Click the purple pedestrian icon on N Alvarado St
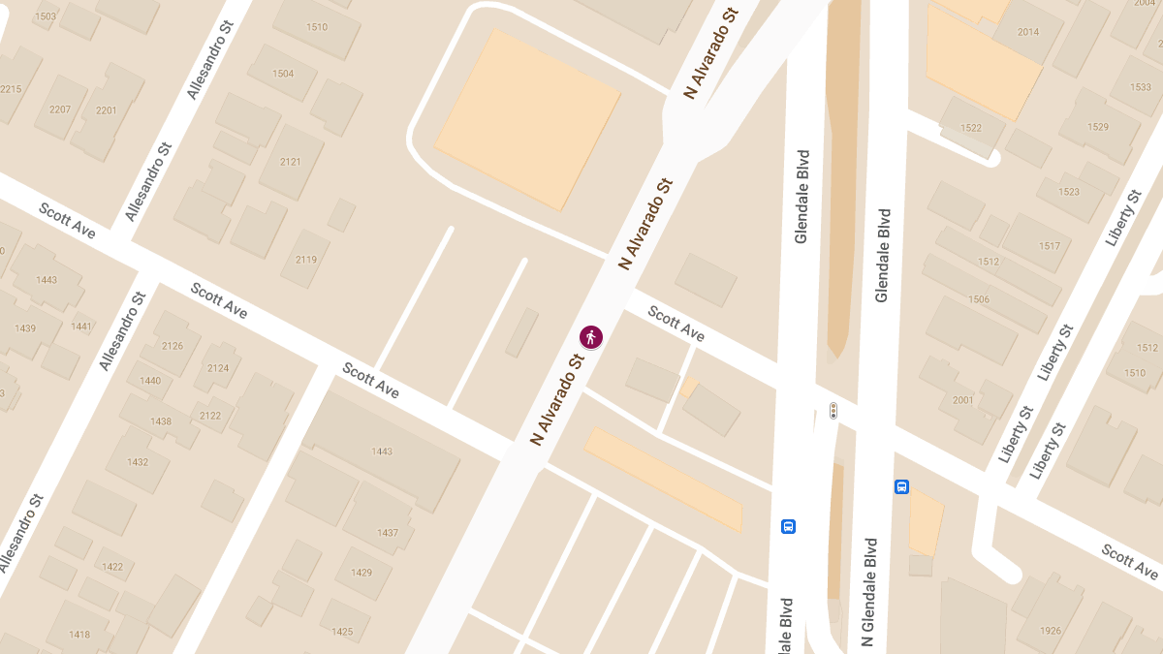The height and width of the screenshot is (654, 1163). [x=591, y=337]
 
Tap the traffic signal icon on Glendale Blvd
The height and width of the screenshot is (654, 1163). [x=833, y=411]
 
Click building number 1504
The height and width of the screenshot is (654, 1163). [x=283, y=74]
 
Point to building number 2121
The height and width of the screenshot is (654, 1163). [x=291, y=162]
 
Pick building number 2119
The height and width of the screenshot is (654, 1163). [x=306, y=259]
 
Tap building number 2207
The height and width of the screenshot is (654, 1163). [x=60, y=109]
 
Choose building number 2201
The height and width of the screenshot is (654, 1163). [x=106, y=110]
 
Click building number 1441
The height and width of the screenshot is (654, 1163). [x=81, y=327]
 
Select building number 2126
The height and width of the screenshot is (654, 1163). [x=173, y=346]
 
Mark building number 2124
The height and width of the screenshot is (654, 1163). [x=218, y=368]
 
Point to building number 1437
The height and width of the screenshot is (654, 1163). [x=388, y=533]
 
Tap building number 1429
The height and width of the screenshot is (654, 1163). [x=361, y=573]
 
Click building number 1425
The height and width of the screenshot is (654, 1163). [x=342, y=632]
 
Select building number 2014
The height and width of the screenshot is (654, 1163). [x=1028, y=32]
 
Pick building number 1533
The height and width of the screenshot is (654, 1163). [x=1141, y=87]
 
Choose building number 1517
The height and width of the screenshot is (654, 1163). [x=1050, y=246]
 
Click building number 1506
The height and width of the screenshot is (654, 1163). [x=979, y=299]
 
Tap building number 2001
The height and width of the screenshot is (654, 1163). [x=963, y=400]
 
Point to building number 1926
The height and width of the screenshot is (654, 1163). [x=1051, y=631]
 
